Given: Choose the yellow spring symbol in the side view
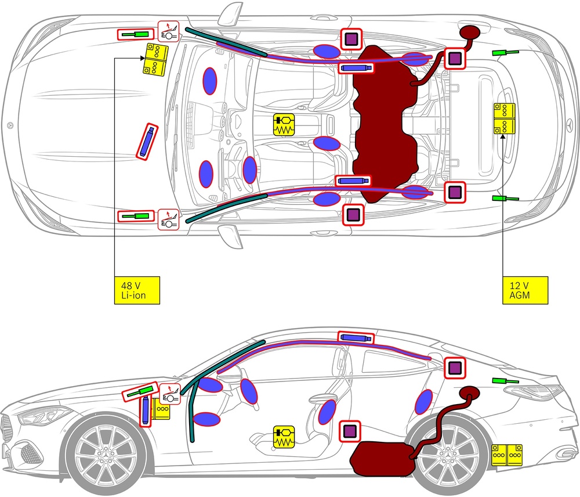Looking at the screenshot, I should pyautogui.click(x=284, y=437).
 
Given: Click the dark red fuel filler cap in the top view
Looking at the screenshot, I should pyautogui.click(x=471, y=32).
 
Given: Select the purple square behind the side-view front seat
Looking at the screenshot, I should pyautogui.click(x=350, y=431).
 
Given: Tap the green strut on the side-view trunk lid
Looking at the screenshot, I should pyautogui.click(x=504, y=381).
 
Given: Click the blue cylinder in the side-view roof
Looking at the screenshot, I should pyautogui.click(x=355, y=338).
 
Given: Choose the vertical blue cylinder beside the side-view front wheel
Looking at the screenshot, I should pyautogui.click(x=146, y=410).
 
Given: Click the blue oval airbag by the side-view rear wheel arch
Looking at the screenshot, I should pyautogui.click(x=424, y=402).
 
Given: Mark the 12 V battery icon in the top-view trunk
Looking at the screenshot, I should pyautogui.click(x=503, y=118).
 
